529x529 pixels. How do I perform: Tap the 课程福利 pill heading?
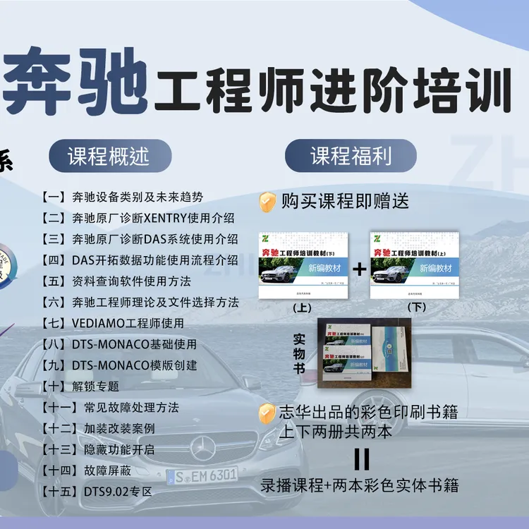[351, 156]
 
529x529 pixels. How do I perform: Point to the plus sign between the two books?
[360, 269]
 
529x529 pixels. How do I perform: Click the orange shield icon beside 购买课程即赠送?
[267, 202]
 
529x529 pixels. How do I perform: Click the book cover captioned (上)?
[303, 265]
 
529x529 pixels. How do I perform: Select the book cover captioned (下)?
[415, 265]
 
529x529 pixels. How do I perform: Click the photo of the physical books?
[360, 353]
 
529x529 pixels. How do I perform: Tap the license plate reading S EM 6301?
[202, 475]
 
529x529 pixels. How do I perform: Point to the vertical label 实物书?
[299, 353]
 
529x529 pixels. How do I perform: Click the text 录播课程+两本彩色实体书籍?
[360, 485]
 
